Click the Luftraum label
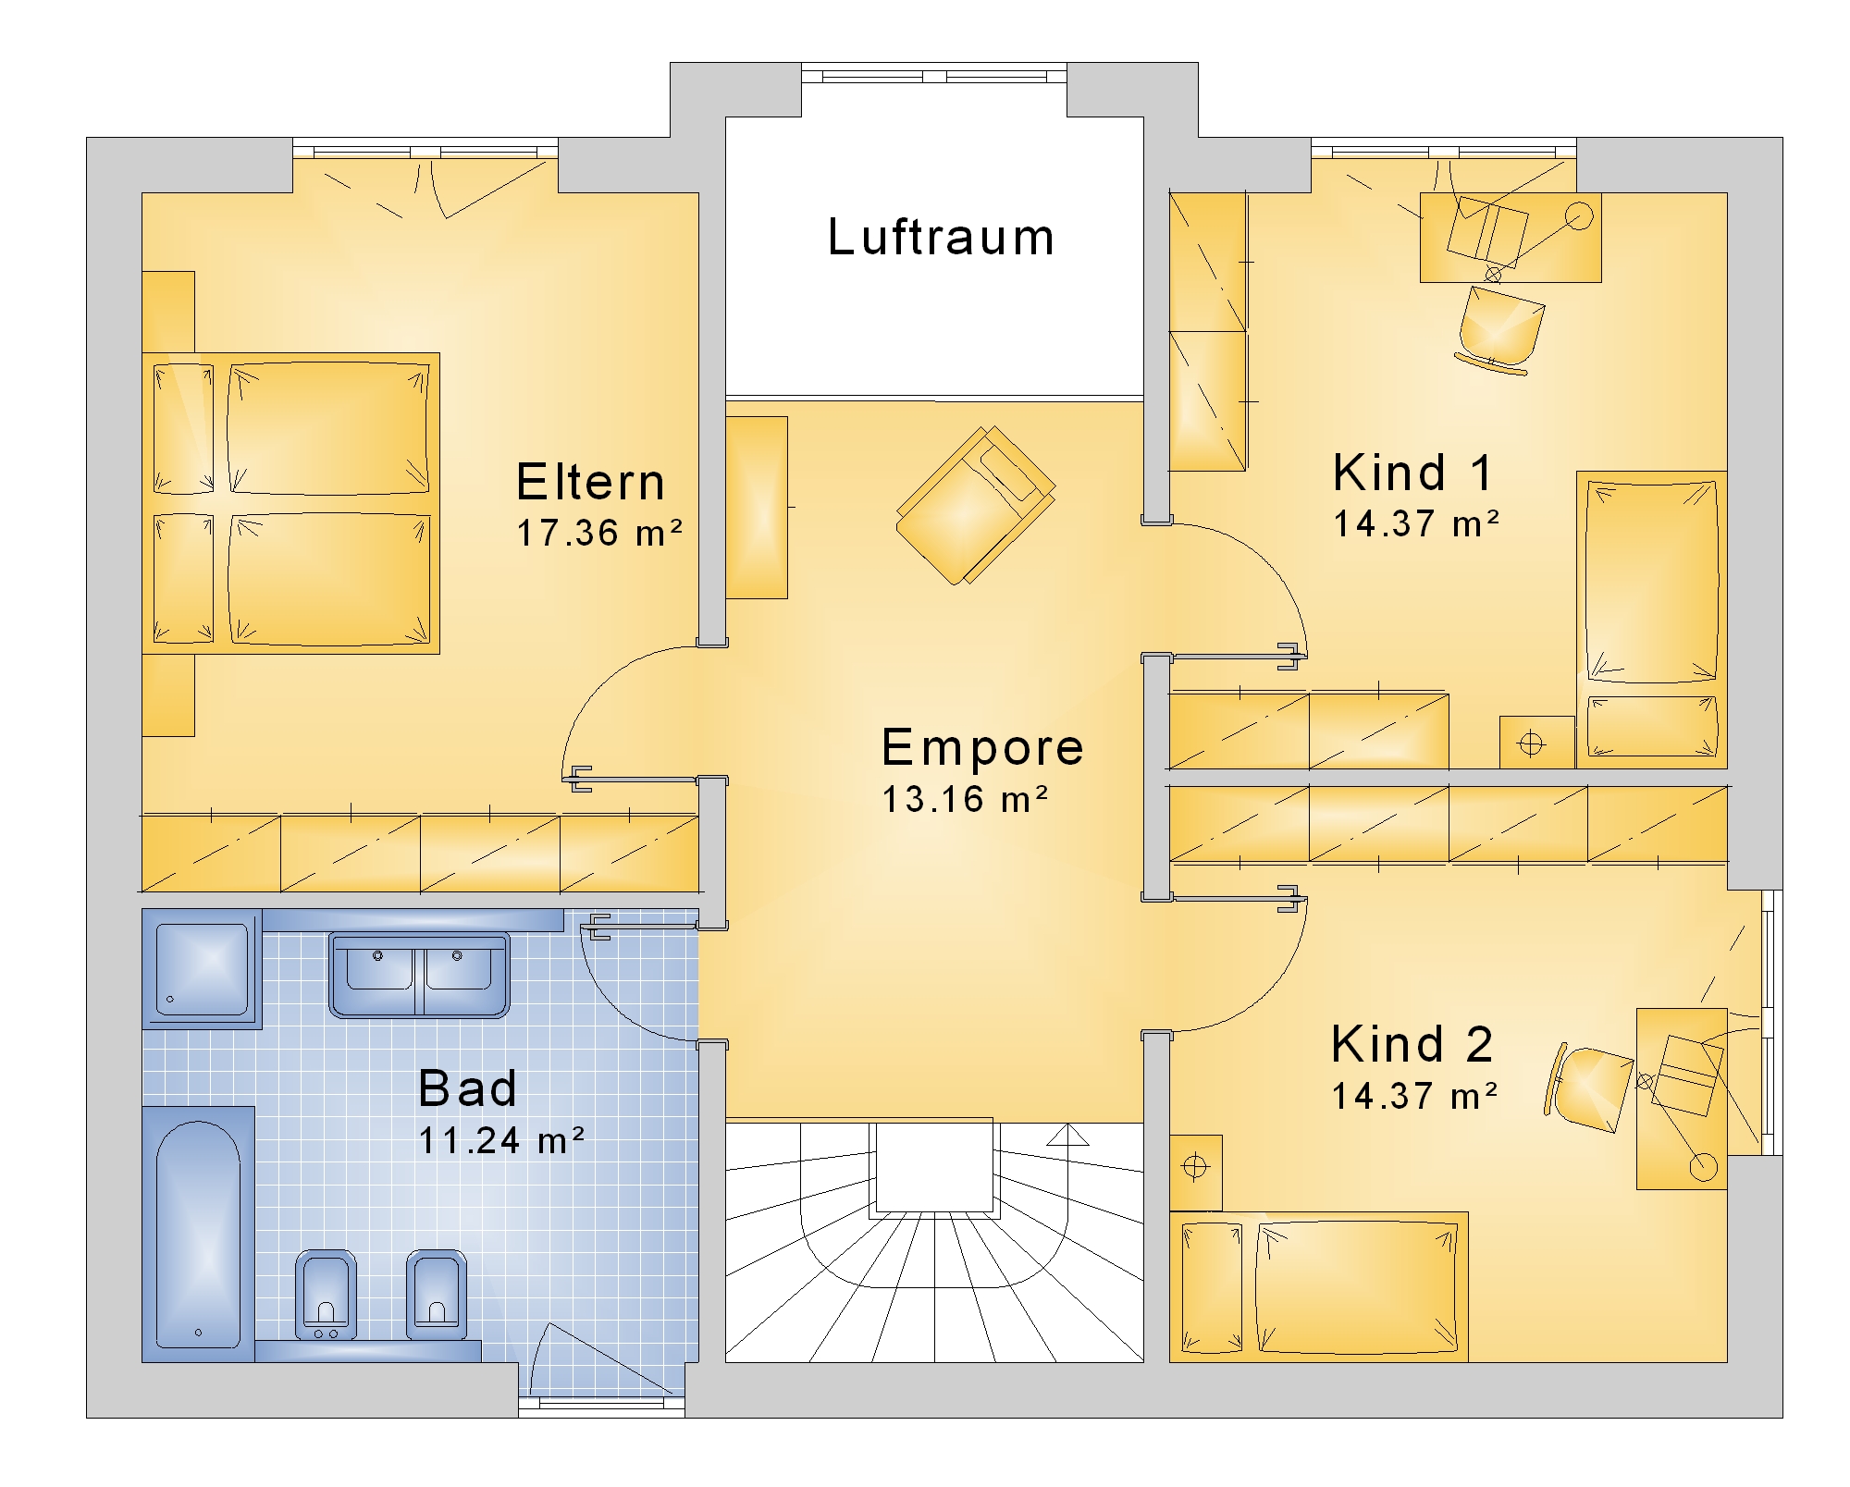941,237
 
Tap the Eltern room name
590,482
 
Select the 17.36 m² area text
599,533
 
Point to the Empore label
982,747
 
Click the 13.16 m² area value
965,800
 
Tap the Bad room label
467,1088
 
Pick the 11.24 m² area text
501,1141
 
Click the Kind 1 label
1412,473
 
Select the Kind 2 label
1412,1044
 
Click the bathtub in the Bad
198,1234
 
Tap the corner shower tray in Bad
203,968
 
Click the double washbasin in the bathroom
419,975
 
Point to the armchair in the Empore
976,505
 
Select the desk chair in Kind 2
1588,1089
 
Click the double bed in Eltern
290,503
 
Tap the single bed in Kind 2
1319,1287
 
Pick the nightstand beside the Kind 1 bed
1536,743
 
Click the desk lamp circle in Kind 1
1579,216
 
